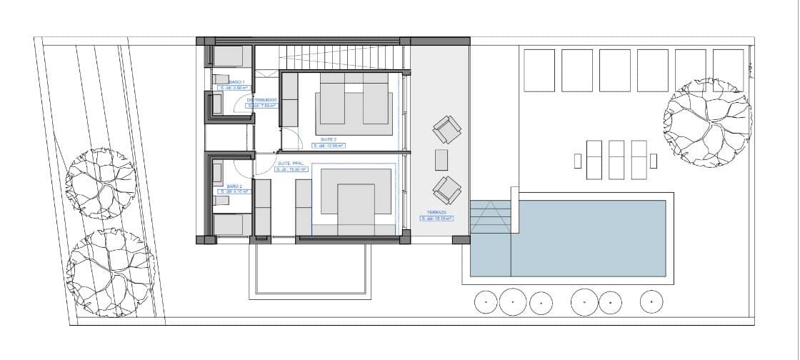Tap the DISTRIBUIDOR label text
point(261,100)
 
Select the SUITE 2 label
point(329,139)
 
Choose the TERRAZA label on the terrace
point(436,213)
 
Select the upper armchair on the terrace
point(447,131)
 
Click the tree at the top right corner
point(707,123)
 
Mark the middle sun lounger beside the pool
point(616,159)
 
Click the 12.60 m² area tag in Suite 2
point(329,146)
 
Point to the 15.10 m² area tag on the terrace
point(436,219)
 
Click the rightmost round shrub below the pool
point(651,301)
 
